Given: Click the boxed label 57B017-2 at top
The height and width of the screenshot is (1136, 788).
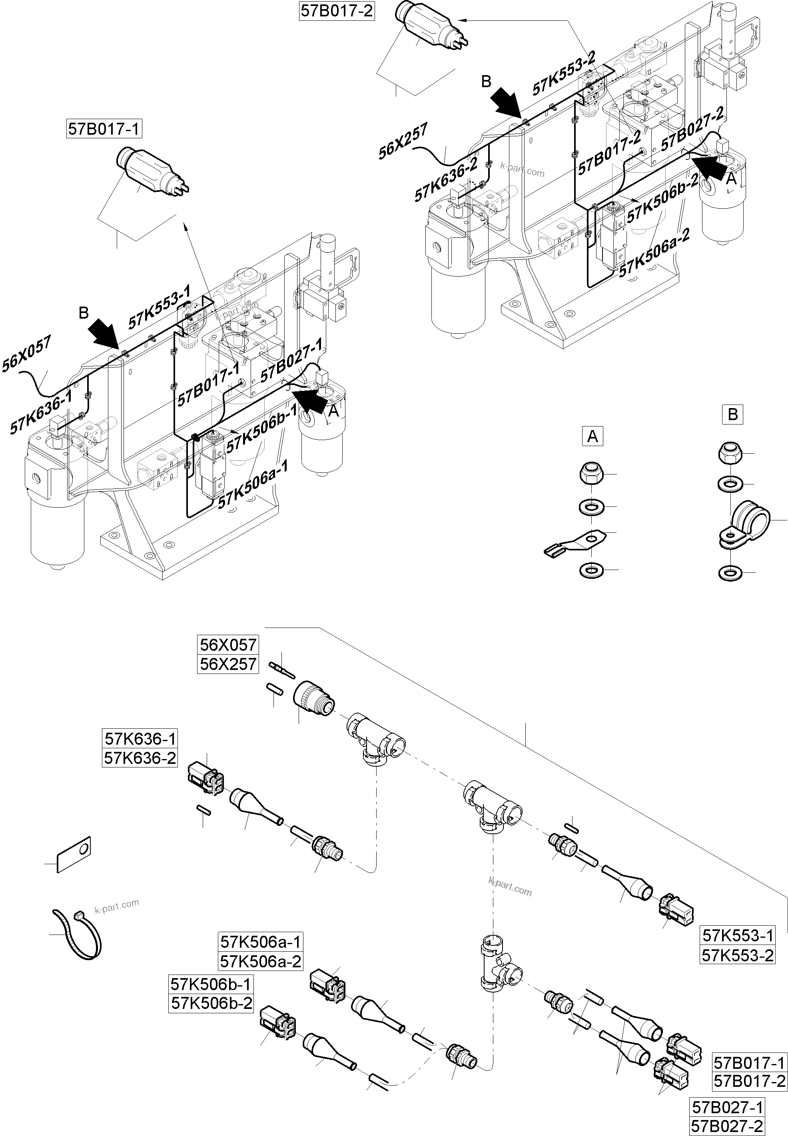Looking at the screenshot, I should click(337, 10).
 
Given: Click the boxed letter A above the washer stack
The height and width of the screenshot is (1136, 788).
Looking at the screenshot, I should click(592, 436).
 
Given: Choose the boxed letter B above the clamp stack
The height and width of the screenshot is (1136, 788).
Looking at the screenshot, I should click(732, 415).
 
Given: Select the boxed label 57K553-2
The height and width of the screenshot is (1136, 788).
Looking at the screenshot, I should click(738, 955).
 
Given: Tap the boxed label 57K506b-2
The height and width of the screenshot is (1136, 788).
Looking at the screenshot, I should click(211, 1003).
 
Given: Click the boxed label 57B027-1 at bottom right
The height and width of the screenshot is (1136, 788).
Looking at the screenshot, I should click(727, 1107).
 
